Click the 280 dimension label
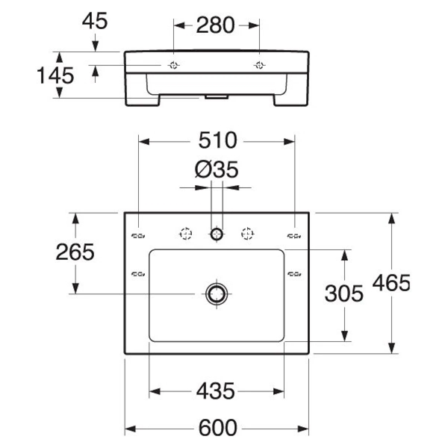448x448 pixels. tap(216, 25)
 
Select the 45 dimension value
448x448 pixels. tap(95, 21)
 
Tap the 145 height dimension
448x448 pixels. tap(55, 75)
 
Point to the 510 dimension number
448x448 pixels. tap(218, 140)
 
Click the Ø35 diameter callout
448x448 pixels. tap(217, 169)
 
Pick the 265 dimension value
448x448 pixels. tap(75, 252)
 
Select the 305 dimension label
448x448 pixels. tap(344, 293)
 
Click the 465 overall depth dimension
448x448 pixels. tap(391, 283)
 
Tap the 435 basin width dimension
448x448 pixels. tap(216, 391)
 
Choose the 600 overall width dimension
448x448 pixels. tap(218, 428)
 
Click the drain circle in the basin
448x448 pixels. tap(217, 293)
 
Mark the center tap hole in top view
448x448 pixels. tap(217, 234)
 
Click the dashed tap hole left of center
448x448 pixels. tap(186, 234)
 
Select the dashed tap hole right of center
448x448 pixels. tap(247, 234)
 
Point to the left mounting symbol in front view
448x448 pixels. tap(174, 66)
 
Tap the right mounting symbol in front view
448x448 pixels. tap(259, 66)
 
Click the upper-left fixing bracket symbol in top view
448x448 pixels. tap(138, 236)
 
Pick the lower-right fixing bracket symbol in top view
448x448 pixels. tap(294, 274)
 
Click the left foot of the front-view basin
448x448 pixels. tap(143, 101)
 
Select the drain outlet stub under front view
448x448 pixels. tap(217, 97)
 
